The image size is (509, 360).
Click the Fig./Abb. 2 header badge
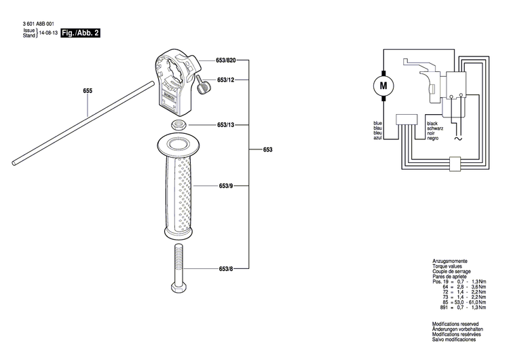pos(81,33)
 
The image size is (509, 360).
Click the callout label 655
pos(88,91)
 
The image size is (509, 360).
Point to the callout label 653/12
pos(226,80)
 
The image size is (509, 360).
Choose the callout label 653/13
pos(226,125)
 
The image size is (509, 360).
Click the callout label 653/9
pos(226,185)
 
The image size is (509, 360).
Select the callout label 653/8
pos(226,269)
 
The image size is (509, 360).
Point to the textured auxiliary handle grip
pos(180,190)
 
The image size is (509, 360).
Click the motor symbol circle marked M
pos(384,86)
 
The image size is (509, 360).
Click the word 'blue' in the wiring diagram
pos(378,123)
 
